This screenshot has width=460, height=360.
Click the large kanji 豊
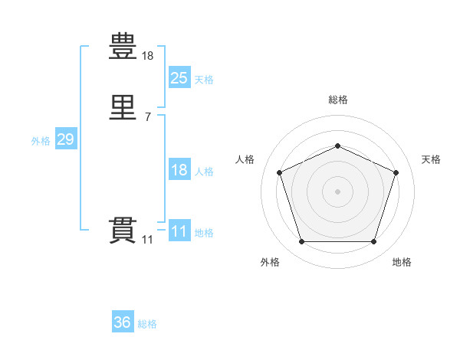pos(123,47)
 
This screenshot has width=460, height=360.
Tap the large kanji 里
pos(123,109)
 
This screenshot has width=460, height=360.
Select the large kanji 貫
pos(123,231)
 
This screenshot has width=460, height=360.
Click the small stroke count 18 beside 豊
pos(148,56)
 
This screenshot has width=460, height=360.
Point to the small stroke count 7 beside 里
pos(147,117)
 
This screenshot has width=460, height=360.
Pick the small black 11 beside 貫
pos(147,240)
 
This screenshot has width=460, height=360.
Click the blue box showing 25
pos(179,77)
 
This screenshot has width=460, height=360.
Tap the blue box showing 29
pos(65,139)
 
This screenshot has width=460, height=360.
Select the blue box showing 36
pos(123,322)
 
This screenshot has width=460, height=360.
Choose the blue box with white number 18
pos(179,170)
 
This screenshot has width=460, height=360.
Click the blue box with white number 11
pos(179,231)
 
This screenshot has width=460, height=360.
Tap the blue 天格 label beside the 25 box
pos(204,80)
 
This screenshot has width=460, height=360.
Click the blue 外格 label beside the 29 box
pos(41,141)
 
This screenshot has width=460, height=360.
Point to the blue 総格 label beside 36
pos(147,325)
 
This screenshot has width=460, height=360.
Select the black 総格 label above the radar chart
pos(337,100)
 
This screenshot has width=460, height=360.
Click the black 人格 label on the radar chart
pos(245,159)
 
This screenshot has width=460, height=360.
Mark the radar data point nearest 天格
pos(396,172)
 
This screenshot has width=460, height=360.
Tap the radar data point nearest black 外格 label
pos(301,242)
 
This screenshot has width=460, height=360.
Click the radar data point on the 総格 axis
pos(337,146)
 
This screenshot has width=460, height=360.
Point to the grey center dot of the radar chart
pos(337,191)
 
